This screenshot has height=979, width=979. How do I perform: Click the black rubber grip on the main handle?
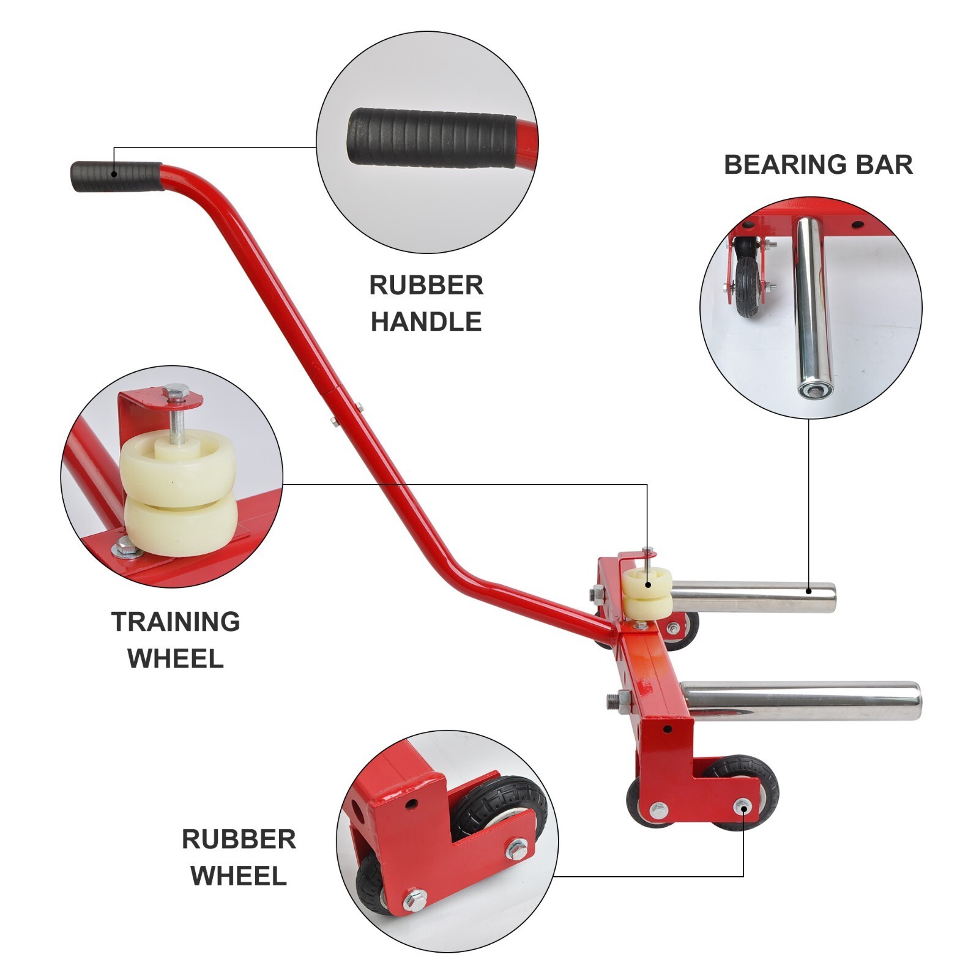(116, 176)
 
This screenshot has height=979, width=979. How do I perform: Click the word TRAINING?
(176, 622)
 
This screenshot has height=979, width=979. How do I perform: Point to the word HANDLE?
(426, 322)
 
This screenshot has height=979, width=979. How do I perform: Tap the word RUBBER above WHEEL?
(239, 839)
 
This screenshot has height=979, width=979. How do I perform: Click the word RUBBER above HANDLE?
(426, 286)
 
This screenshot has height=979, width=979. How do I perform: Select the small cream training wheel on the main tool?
(647, 594)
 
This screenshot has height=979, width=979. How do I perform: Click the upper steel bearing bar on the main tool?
(753, 597)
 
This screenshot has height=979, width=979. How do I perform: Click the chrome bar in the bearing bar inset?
(813, 309)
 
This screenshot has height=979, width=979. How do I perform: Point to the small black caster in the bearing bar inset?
(748, 286)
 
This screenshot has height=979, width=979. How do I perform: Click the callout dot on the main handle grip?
(114, 174)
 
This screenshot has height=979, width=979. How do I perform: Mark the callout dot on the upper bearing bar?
(809, 590)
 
